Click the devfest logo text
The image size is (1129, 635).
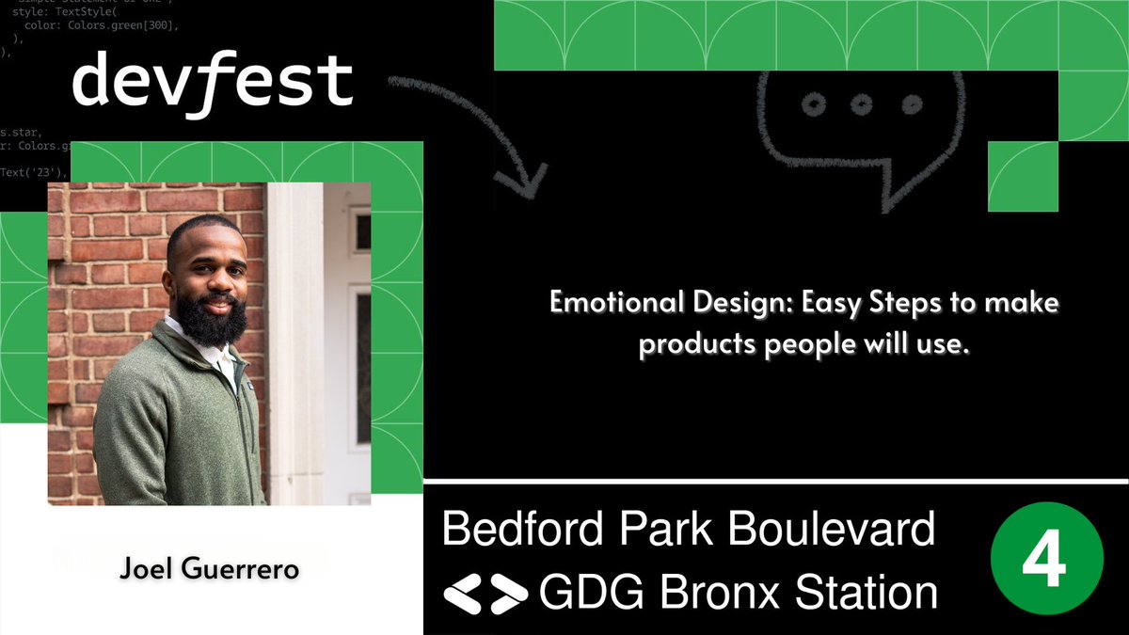213,83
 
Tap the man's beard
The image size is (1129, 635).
212,320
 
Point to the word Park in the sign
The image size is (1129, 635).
662,531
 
